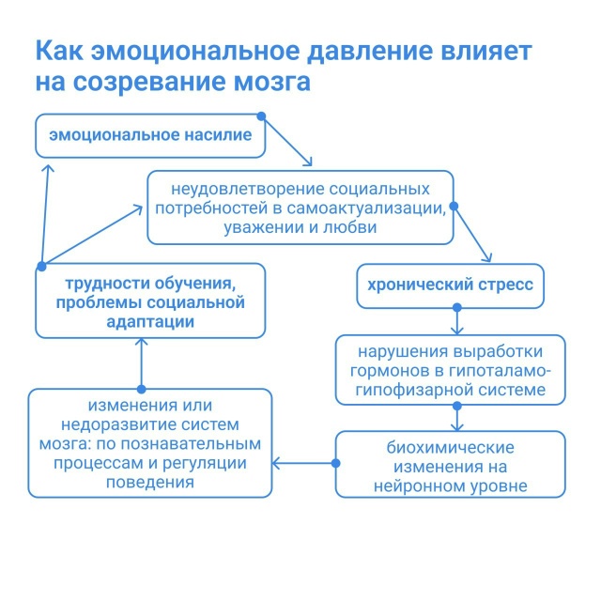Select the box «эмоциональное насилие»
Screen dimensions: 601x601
point(149,135)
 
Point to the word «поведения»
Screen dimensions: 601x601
point(150,483)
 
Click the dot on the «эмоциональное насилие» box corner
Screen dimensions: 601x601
point(263,117)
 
